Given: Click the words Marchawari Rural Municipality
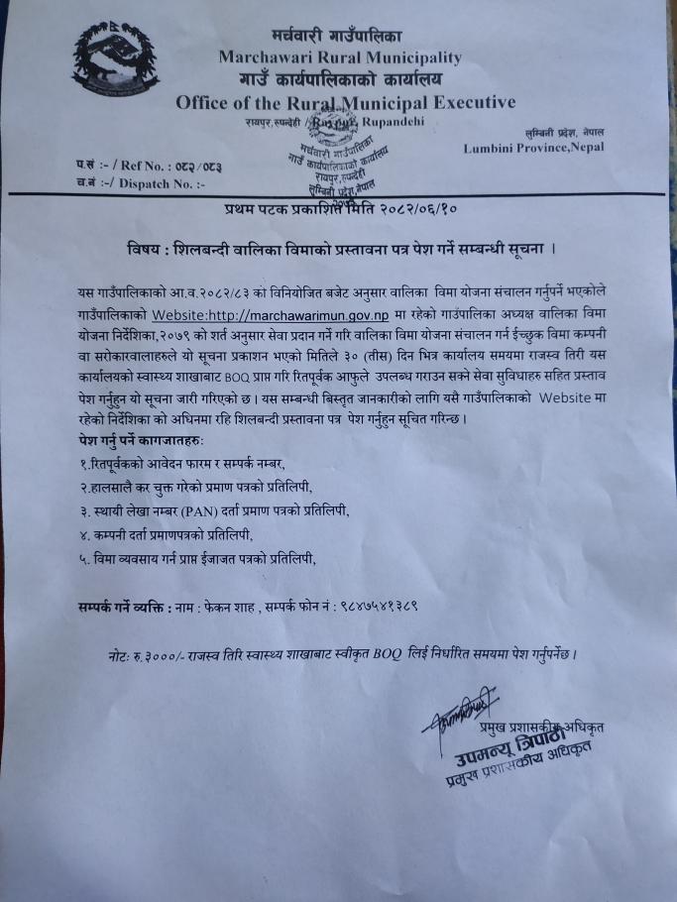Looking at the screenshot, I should click(x=340, y=57).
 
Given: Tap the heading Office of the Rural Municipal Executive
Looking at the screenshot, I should click(x=345, y=102).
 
